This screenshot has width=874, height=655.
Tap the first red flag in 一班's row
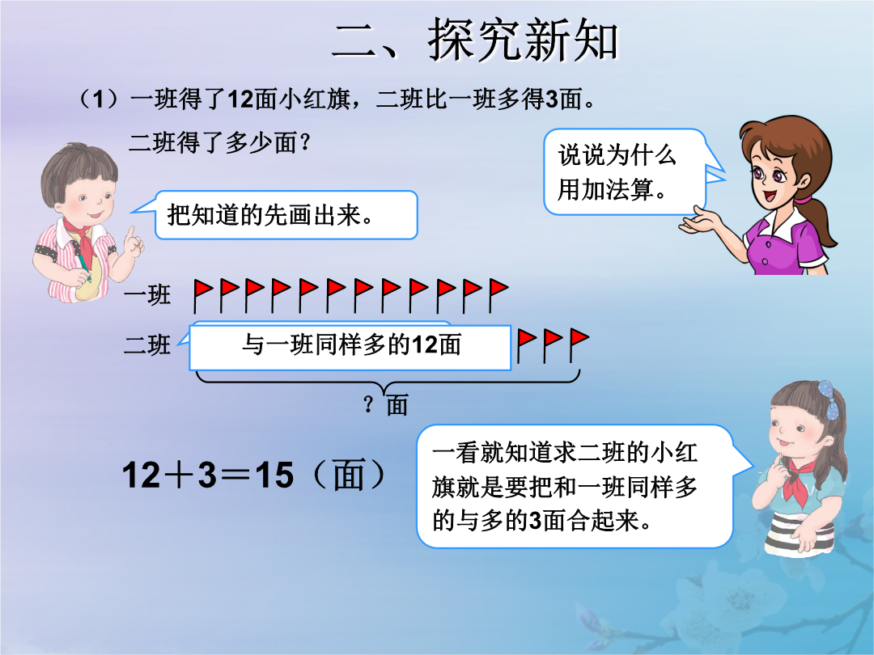pyautogui.click(x=203, y=295)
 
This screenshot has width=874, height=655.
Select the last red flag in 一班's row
pyautogui.click(x=499, y=295)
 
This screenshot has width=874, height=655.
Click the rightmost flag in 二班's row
pyautogui.click(x=579, y=345)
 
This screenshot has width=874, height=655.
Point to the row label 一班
pyautogui.click(x=147, y=294)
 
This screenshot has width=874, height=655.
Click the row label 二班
pyautogui.click(x=147, y=344)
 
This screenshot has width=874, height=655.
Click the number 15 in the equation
pyautogui.click(x=274, y=475)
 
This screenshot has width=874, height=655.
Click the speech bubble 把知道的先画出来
pyautogui.click(x=286, y=215)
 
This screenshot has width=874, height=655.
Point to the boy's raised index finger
pyautogui.click(x=131, y=234)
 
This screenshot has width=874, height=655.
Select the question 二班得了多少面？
pyautogui.click(x=219, y=142)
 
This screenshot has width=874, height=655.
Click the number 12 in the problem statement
pyautogui.click(x=241, y=99)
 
